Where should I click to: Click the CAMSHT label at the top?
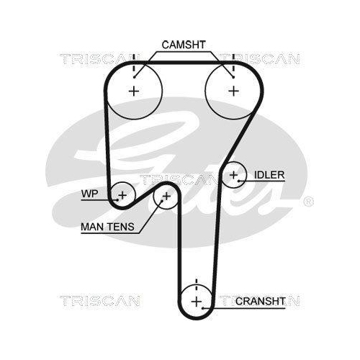[184, 45]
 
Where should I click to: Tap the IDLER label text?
[269, 175]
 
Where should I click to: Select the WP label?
[89, 194]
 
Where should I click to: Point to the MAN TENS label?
[107, 227]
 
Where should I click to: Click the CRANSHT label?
[261, 301]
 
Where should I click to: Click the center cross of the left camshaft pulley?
[134, 91]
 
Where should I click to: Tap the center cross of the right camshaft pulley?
[233, 91]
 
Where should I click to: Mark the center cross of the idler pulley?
[233, 175]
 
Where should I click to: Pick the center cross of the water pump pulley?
[122, 195]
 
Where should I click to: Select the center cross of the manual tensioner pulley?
[166, 197]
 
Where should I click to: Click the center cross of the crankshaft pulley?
[197, 302]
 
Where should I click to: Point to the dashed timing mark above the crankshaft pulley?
[197, 284]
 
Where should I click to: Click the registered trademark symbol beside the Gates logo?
[308, 202]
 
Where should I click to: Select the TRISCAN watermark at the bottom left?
[99, 301]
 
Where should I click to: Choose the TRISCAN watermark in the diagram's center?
[179, 180]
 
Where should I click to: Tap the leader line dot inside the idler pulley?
[239, 181]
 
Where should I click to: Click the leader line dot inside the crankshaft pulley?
[203, 308]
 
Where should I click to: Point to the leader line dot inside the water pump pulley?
[117, 199]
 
